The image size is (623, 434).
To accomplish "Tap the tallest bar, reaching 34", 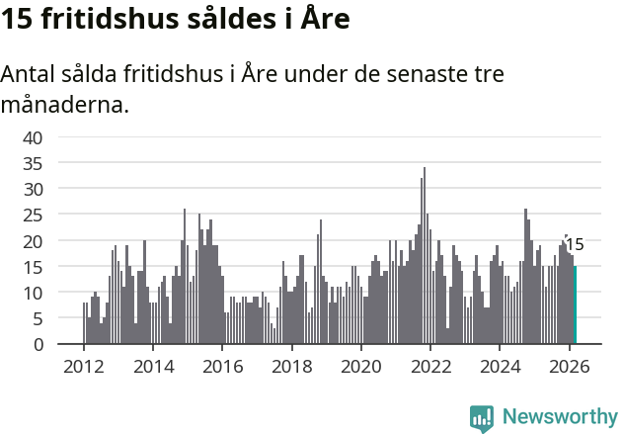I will tap(425, 257).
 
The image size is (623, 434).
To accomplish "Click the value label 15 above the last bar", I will tap(575, 245).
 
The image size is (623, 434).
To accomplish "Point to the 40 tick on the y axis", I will tap(34, 136).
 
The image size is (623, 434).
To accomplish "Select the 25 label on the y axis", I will tap(34, 215).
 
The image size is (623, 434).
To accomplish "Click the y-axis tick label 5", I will tap(39, 318).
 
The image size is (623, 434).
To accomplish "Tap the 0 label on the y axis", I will tap(39, 344).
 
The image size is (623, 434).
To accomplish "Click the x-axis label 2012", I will tap(83, 366).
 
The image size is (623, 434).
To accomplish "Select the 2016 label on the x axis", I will tap(222, 366).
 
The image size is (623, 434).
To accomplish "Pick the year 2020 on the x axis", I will tap(361, 366).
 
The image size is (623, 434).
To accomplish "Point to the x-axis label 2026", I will tap(570, 366).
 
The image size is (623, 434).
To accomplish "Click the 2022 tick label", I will tap(430, 366).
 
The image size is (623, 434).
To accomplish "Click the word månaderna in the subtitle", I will tap(65, 103).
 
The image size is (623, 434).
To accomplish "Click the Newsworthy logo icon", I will tap(482, 417).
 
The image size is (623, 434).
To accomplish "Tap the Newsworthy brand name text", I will tap(560, 416).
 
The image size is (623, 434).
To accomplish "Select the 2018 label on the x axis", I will tap(291, 366).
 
